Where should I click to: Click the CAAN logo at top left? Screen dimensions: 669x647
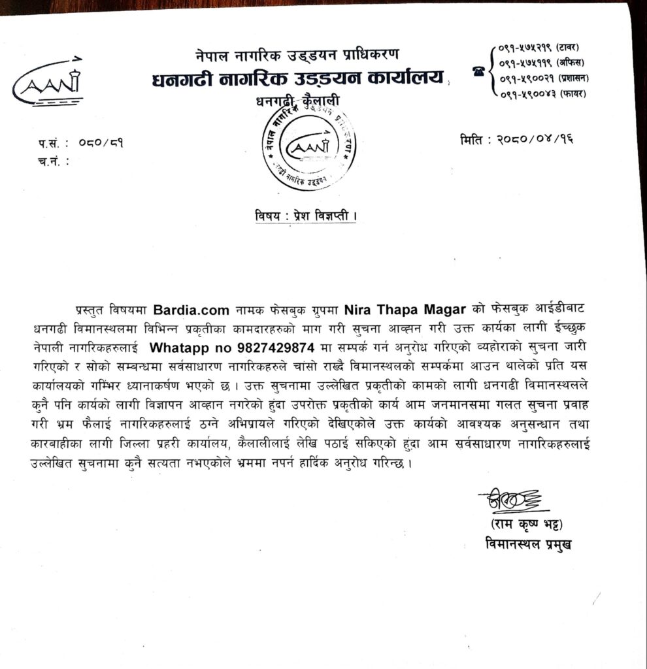point(49,84)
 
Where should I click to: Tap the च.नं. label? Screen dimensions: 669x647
point(54,160)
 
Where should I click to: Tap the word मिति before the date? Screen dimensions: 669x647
point(474,139)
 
